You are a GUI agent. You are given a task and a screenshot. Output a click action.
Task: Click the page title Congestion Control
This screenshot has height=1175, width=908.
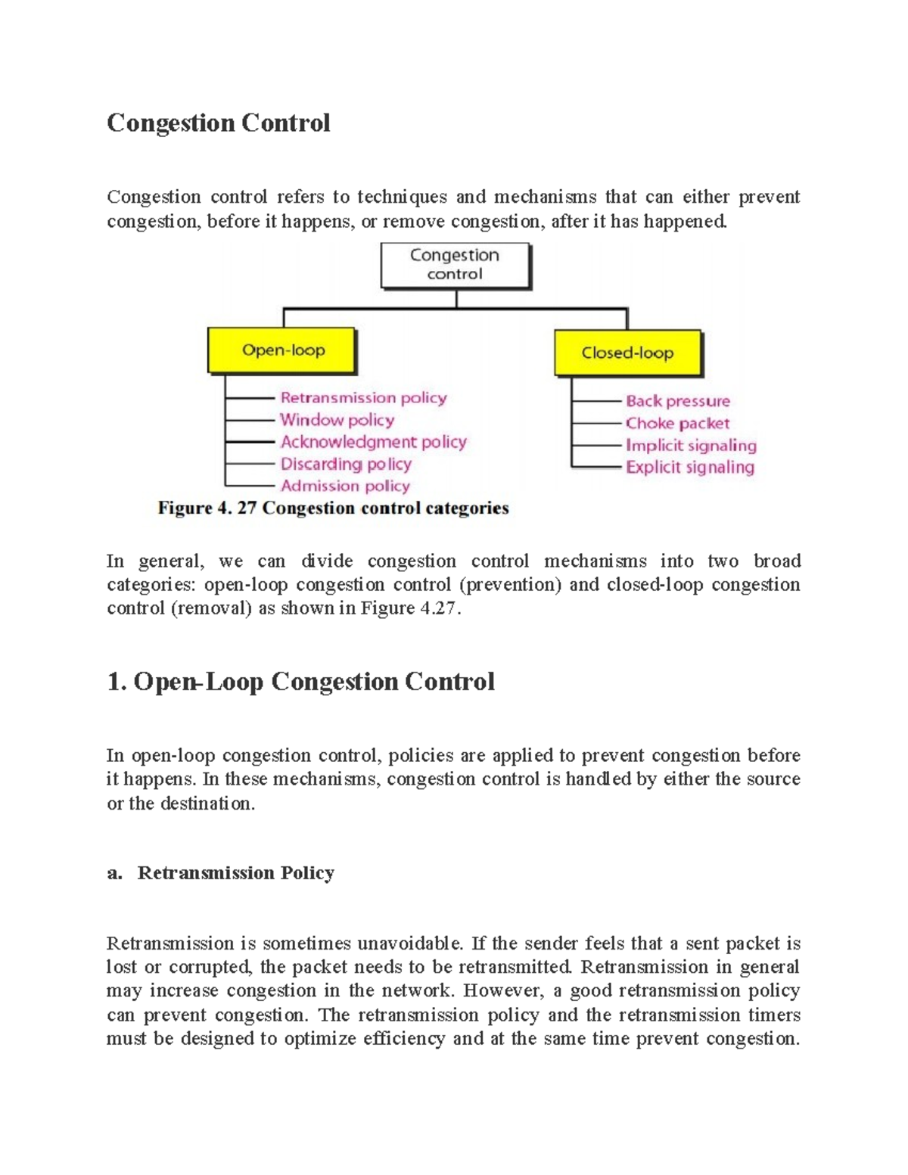(218, 123)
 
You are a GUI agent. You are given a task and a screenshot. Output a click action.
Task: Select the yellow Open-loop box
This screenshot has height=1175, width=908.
(282, 350)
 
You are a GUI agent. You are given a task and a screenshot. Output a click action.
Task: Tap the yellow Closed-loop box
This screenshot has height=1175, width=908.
(627, 353)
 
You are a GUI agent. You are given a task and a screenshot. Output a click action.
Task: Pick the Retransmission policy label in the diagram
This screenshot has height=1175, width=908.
(363, 398)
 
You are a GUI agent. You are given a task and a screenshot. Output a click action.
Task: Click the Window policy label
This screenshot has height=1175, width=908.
(337, 420)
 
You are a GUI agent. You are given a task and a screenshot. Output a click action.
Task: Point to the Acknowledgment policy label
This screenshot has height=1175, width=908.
(373, 442)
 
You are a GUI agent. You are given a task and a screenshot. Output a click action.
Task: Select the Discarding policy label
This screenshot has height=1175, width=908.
(346, 464)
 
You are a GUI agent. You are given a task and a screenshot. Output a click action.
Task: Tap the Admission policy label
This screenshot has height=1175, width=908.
(345, 486)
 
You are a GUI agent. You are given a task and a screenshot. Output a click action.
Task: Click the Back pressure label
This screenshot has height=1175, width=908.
(677, 401)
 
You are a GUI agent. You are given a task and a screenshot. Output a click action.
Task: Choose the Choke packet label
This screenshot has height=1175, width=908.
(677, 423)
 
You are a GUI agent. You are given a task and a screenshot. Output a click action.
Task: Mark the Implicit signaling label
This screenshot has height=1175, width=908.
(690, 446)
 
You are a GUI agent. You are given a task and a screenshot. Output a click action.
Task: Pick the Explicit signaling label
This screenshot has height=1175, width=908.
(689, 468)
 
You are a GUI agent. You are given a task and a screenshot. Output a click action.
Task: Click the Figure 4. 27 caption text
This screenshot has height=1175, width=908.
(333, 508)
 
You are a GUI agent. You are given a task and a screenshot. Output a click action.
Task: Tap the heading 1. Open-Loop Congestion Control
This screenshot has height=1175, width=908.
(300, 682)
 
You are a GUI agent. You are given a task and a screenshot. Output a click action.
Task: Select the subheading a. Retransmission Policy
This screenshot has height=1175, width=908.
(220, 873)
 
